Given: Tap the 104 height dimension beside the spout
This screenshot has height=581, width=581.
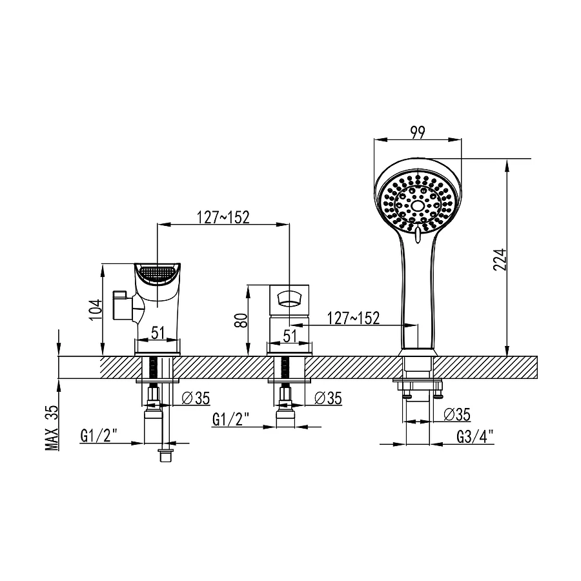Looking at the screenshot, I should tap(96, 310).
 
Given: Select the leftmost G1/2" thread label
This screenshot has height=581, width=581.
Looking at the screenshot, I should tap(97, 436).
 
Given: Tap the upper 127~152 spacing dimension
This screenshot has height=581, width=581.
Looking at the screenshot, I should tap(223, 217).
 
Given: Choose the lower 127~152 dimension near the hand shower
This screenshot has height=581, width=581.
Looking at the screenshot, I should tap(353, 318).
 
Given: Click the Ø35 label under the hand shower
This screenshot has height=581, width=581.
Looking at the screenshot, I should tap(458, 413).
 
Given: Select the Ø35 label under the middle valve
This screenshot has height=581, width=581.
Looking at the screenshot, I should tap(328, 398).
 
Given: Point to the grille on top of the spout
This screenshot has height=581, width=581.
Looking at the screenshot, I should tap(158, 273).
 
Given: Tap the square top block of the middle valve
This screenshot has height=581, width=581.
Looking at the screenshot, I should tap(290, 299).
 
